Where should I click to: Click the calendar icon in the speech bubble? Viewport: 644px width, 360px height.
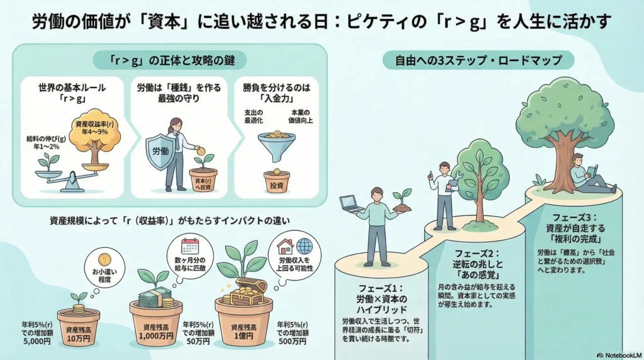[189, 245]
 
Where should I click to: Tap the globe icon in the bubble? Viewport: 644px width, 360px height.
[304, 245]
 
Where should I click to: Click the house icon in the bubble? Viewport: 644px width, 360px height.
[286, 245]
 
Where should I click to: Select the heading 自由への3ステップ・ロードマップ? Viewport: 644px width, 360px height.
[477, 61]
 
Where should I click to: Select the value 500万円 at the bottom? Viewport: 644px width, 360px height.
[291, 341]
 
